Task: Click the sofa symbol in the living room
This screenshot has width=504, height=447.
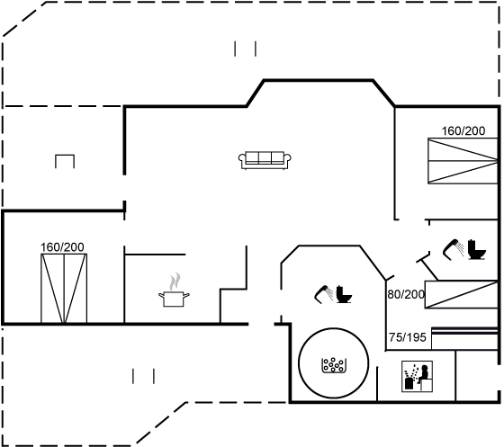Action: pyautogui.click(x=265, y=160)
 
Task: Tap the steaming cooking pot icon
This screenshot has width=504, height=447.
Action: pyautogui.click(x=174, y=290)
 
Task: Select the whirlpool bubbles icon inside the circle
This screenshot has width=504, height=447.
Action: pyautogui.click(x=334, y=365)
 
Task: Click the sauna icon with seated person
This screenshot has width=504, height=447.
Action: pyautogui.click(x=417, y=376)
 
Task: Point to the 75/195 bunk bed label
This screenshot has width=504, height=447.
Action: pyautogui.click(x=407, y=337)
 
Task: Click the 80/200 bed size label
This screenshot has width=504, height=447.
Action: pyautogui.click(x=406, y=294)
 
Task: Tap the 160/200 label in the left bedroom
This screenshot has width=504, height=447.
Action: pyautogui.click(x=62, y=247)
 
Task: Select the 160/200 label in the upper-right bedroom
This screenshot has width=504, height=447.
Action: pyautogui.click(x=463, y=130)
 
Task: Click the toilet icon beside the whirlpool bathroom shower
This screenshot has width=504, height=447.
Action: pyautogui.click(x=344, y=294)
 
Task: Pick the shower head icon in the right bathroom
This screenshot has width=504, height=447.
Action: pyautogui.click(x=454, y=248)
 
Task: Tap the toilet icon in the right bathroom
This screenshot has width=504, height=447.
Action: pyautogui.click(x=477, y=249)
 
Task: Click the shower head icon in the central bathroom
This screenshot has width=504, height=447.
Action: pyautogui.click(x=324, y=294)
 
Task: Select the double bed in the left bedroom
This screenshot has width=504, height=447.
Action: pyautogui.click(x=64, y=288)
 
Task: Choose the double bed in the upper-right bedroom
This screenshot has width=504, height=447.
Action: pyautogui.click(x=463, y=161)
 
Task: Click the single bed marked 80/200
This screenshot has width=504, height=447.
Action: pyautogui.click(x=461, y=294)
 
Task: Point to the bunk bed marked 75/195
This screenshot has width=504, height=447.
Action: pyautogui.click(x=464, y=338)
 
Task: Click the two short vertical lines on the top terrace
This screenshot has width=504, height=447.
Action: pyautogui.click(x=245, y=49)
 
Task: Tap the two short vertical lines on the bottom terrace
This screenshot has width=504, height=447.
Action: pyautogui.click(x=143, y=376)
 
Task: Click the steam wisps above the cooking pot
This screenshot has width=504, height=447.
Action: pyautogui.click(x=175, y=282)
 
